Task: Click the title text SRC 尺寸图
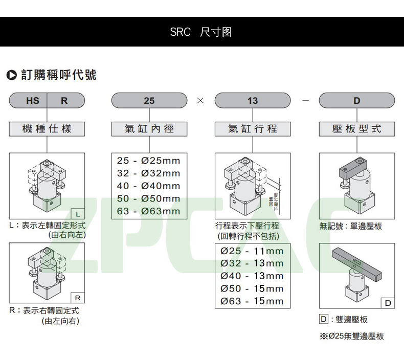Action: pyautogui.click(x=201, y=32)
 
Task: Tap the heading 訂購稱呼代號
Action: pyautogui.click(x=58, y=75)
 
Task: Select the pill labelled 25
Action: pyautogui.click(x=149, y=101)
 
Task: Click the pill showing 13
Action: pyautogui.click(x=253, y=101)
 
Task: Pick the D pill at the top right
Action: pyautogui.click(x=356, y=101)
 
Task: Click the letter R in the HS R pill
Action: pyautogui.click(x=64, y=101)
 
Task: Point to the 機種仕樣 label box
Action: pyautogui.click(x=47, y=129)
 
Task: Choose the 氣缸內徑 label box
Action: pyautogui.click(x=149, y=129)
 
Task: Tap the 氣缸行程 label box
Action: pyautogui.click(x=253, y=129)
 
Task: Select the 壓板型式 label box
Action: pyautogui.click(x=356, y=129)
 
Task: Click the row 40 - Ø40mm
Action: pyautogui.click(x=149, y=186)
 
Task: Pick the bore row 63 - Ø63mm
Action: pyautogui.click(x=149, y=211)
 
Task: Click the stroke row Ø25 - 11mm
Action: pyautogui.click(x=252, y=251)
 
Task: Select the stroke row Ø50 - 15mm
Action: pyautogui.click(x=252, y=289)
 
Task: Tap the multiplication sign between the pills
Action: pyautogui.click(x=200, y=101)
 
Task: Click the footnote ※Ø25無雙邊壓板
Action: pyautogui.click(x=351, y=336)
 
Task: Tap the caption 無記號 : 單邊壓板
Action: pyautogui.click(x=350, y=226)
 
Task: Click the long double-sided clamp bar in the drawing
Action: pyautogui.click(x=358, y=261)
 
